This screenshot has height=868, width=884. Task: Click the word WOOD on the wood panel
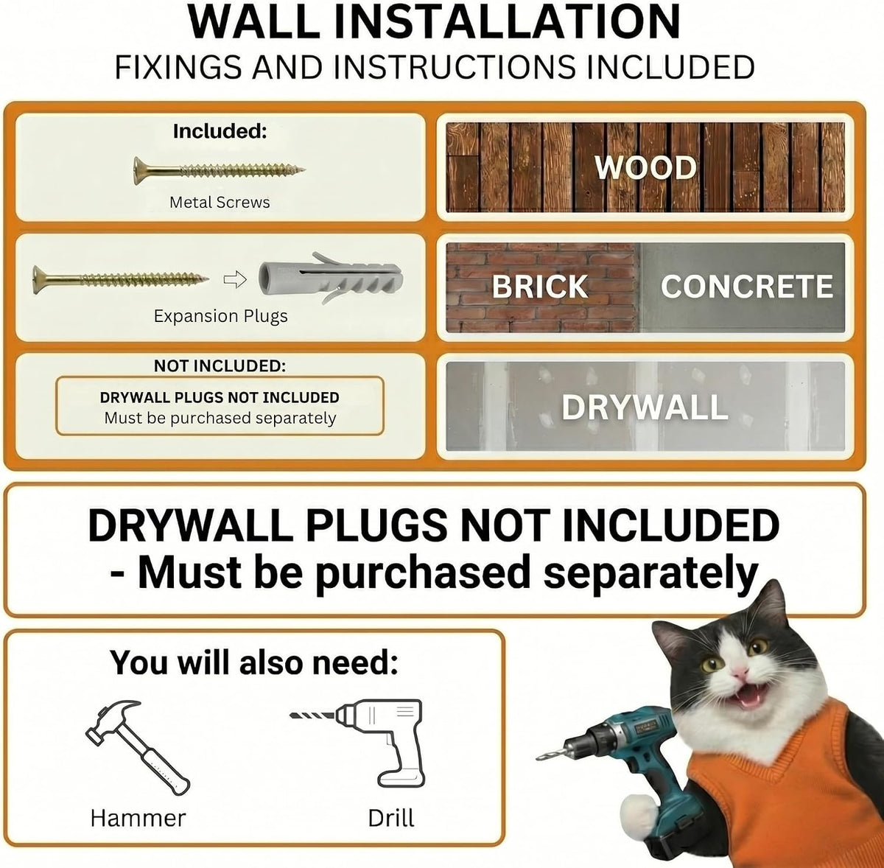tap(645, 167)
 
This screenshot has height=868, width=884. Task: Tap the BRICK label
tap(540, 287)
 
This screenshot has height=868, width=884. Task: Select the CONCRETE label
tap(746, 287)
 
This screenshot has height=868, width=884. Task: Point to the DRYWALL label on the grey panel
tap(645, 407)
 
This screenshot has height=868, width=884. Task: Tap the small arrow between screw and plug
tap(235, 279)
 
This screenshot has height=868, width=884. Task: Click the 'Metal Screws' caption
tap(220, 203)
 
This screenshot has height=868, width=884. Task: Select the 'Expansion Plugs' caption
tap(221, 316)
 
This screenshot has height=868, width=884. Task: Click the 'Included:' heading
tap(220, 132)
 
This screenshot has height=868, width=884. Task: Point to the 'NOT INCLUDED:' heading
tap(220, 365)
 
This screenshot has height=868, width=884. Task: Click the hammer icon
tap(137, 748)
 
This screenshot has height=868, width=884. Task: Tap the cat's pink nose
tap(739, 673)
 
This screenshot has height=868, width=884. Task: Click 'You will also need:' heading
tap(254, 663)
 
